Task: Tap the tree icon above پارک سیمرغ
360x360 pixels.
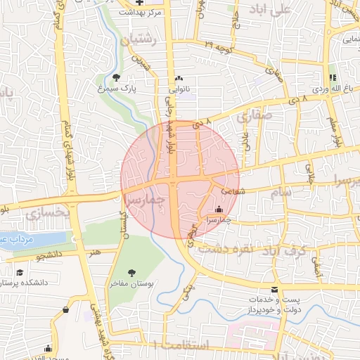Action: [x=116, y=77]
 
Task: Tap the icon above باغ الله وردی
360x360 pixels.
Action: [x=333, y=77]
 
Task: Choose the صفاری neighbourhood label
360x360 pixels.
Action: [x=253, y=117]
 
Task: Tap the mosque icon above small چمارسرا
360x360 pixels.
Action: [x=218, y=209]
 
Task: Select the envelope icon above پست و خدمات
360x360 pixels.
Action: [x=274, y=290]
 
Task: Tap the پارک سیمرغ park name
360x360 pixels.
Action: [x=115, y=90]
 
